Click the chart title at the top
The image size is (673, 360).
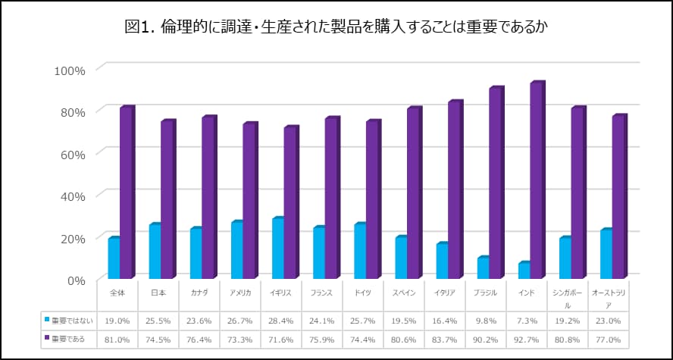(x=336, y=27)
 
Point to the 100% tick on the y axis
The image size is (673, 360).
(x=70, y=70)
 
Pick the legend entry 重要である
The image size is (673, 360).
(x=67, y=340)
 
